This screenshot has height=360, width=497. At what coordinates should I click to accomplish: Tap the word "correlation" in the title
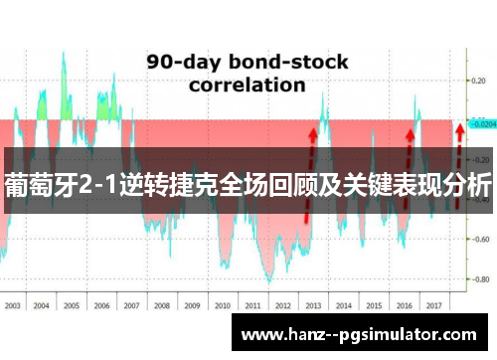coord(247,85)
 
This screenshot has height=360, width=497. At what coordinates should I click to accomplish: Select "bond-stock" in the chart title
coord(289,62)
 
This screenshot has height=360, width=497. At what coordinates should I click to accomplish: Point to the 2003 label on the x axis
coord(14,306)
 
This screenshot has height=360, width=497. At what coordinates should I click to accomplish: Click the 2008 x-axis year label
coord(162,306)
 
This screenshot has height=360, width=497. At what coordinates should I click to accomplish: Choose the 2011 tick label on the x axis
coord(251,306)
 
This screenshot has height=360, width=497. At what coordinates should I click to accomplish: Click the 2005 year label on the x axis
coord(73,306)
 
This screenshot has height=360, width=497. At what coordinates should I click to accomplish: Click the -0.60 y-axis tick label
coord(479,239)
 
